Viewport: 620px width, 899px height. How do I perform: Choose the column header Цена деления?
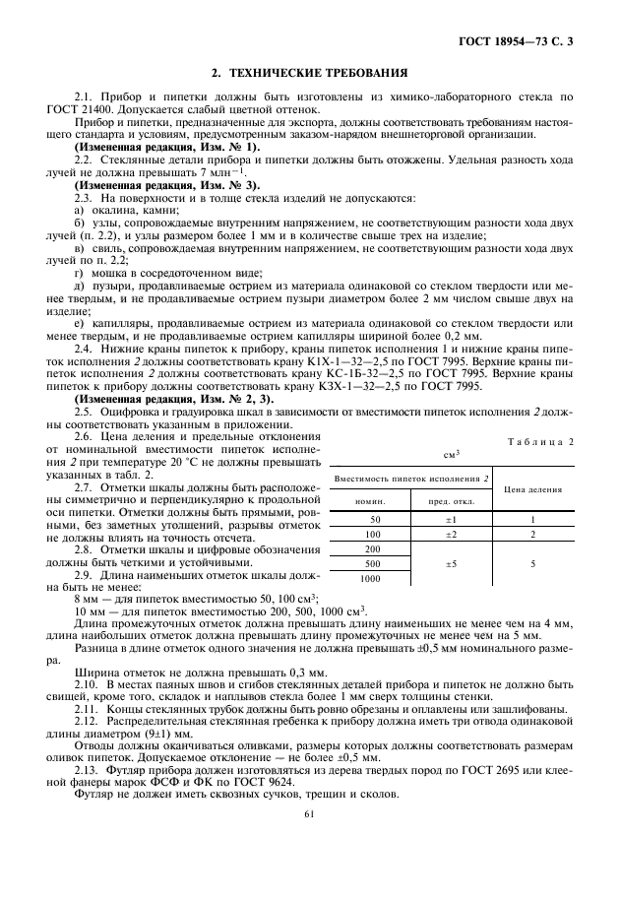point(532,486)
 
